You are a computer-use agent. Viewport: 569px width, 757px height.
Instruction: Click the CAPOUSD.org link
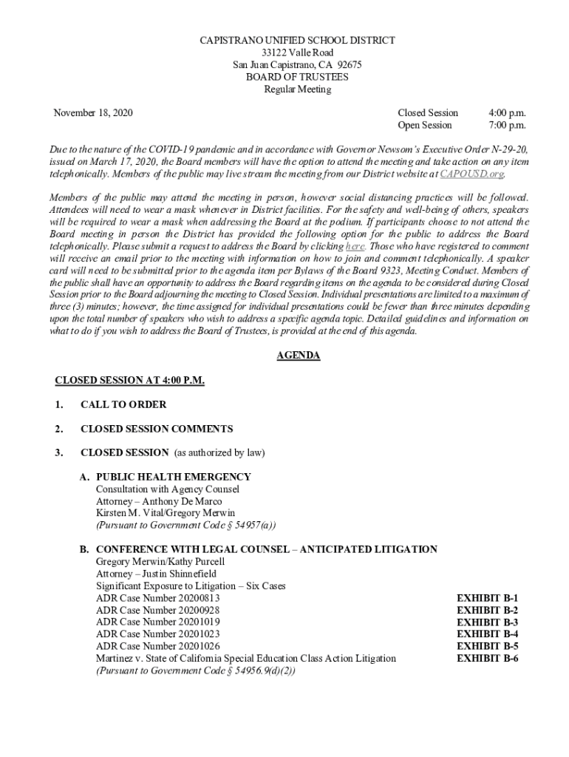471,174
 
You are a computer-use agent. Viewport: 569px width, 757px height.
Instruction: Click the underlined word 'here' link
355,246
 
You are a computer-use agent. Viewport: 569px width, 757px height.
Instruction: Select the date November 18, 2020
93,113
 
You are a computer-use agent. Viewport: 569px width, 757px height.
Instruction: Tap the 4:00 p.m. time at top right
507,113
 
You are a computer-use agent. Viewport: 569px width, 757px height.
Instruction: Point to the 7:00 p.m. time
507,125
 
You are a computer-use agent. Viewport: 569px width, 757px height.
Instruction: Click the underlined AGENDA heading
298,356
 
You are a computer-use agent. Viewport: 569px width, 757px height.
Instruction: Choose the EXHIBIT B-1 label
487,598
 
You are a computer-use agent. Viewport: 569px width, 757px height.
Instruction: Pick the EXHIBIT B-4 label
487,634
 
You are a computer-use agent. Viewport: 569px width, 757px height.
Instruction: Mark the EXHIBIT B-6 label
487,658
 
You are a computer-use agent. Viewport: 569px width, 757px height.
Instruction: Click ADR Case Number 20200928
157,611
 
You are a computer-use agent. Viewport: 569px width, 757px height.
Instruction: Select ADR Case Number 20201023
157,634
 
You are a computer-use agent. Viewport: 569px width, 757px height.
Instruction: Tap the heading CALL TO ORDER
123,405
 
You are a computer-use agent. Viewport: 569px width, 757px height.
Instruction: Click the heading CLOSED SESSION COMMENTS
157,429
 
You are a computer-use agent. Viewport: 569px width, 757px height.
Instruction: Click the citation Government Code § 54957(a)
209,526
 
